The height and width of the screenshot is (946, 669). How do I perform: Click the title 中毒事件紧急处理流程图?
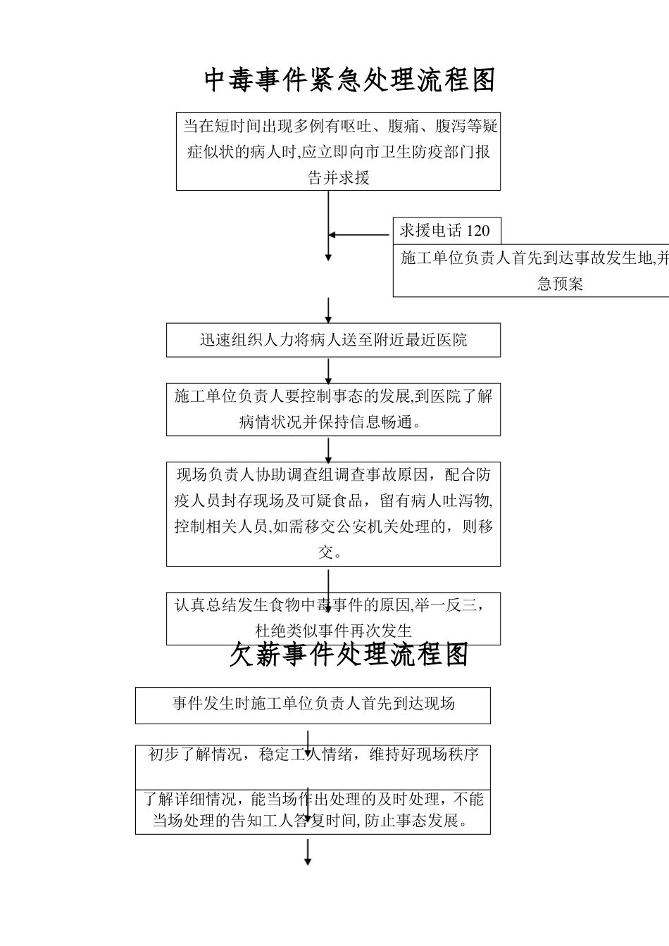pos(349,80)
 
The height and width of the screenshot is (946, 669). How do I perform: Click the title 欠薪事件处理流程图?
pos(349,655)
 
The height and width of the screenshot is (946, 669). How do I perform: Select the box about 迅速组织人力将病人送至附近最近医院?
pos(333,340)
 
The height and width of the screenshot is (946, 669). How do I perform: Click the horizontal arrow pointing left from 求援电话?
pos(360,235)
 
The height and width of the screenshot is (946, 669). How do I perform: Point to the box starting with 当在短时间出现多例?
pos(338,151)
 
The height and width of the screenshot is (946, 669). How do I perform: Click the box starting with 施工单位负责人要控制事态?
pos(333,409)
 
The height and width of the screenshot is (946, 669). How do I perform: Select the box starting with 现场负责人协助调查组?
pos(333,513)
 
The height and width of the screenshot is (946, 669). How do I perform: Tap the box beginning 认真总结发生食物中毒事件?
pos(333,617)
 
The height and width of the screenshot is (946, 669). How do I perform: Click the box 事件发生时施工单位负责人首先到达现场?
pos(313,704)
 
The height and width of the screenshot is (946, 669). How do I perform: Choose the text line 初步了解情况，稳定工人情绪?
pos(313,755)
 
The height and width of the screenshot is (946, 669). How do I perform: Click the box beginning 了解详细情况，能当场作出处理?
pos(313,810)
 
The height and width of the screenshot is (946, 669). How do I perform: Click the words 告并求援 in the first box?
pos(338,177)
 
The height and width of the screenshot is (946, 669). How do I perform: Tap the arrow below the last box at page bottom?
pos(308,852)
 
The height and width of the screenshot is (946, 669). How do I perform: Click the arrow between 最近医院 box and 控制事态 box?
pos(329,371)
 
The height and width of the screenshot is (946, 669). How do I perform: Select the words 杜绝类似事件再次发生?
pos(333,631)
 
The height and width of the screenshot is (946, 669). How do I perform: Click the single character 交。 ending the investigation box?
pos(329,553)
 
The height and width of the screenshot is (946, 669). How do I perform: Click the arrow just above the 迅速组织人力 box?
pos(329,310)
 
